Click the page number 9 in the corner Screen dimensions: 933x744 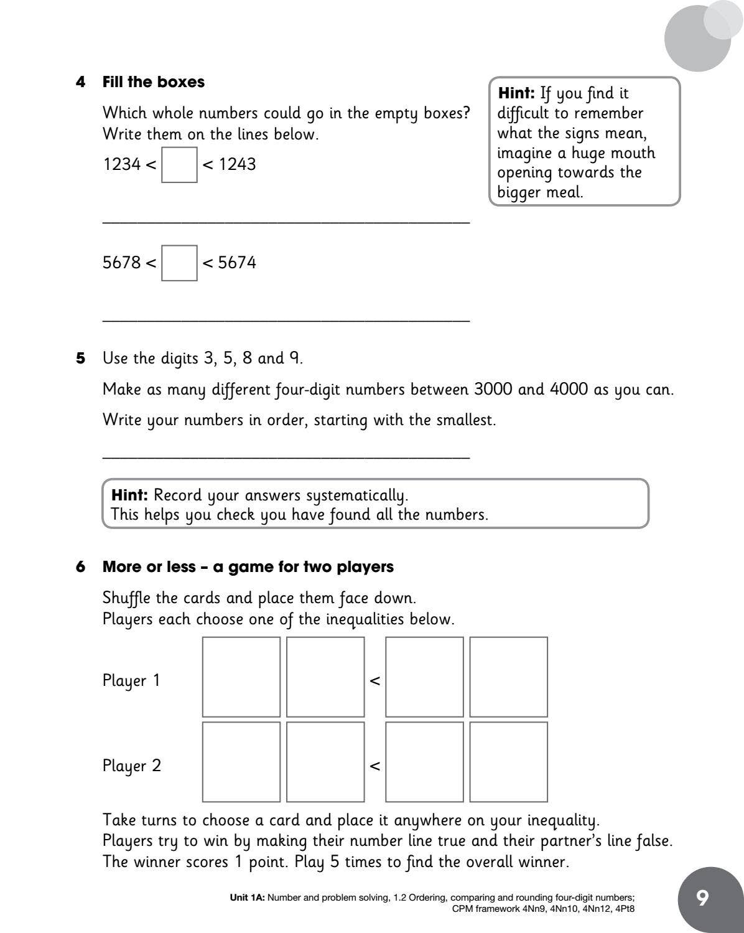pyautogui.click(x=702, y=898)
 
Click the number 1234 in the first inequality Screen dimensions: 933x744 pyautogui.click(x=122, y=164)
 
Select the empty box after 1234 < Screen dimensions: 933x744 pyautogui.click(x=179, y=164)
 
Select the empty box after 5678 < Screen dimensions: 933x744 pyautogui.click(x=179, y=263)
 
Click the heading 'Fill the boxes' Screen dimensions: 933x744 pyautogui.click(x=153, y=82)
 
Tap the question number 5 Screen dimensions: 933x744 pyautogui.click(x=80, y=359)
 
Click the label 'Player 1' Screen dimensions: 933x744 pyautogui.click(x=131, y=680)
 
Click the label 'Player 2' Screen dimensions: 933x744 pyautogui.click(x=131, y=766)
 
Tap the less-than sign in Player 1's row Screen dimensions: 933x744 pyautogui.click(x=374, y=681)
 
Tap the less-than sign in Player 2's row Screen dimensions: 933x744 pyautogui.click(x=374, y=766)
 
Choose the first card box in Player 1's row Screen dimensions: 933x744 pyautogui.click(x=241, y=677)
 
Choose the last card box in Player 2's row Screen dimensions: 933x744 pyautogui.click(x=508, y=762)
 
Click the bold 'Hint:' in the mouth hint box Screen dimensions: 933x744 pyautogui.click(x=516, y=93)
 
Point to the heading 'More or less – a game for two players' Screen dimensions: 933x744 pyautogui.click(x=248, y=567)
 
